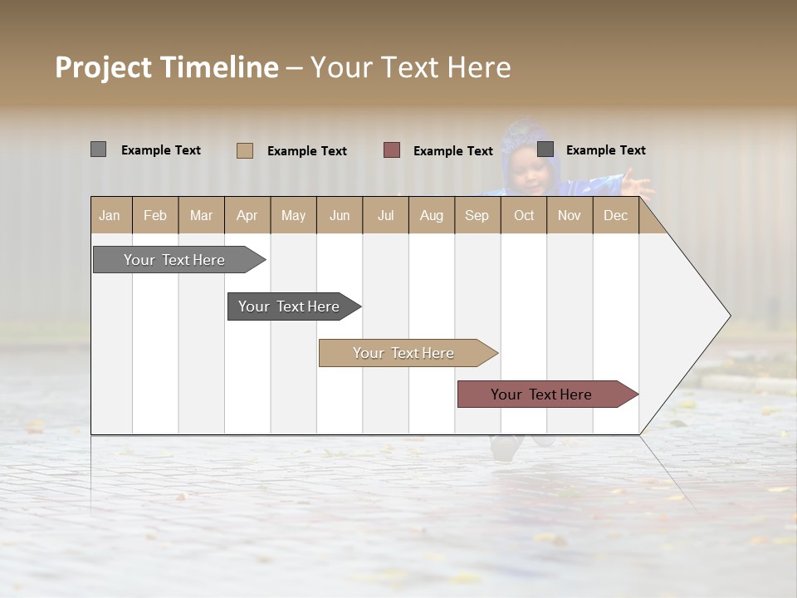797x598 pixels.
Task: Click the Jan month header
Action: [110, 215]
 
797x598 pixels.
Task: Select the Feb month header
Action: [155, 215]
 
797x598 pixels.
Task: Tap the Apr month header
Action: [247, 215]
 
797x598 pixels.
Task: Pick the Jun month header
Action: [340, 215]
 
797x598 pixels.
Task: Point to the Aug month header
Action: [432, 215]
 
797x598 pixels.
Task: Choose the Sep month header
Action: [477, 215]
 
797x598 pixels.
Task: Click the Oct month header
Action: [524, 215]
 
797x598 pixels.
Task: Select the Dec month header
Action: [616, 215]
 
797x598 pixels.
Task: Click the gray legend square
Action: [98, 149]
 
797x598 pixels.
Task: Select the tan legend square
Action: [245, 150]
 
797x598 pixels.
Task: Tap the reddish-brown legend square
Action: [392, 150]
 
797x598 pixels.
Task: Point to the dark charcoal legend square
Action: [545, 149]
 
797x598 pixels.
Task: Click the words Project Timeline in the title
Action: [167, 67]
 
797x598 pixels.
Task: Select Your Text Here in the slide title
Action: [411, 67]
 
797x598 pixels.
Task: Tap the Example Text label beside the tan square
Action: [307, 151]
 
